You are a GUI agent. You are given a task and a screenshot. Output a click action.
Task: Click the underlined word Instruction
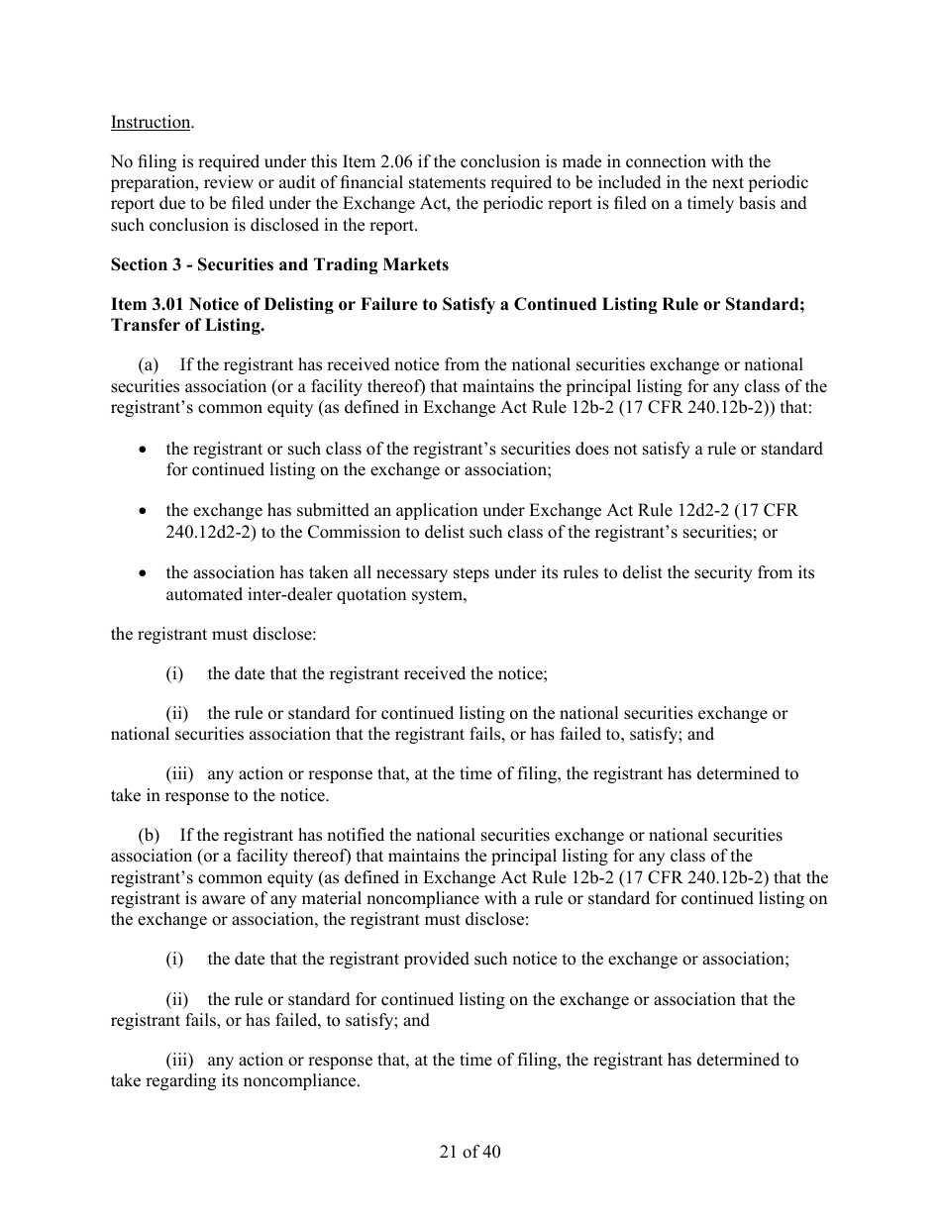151,122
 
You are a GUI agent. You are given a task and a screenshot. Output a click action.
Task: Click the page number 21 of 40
470,1152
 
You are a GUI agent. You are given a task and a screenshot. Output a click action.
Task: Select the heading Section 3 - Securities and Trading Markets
279,264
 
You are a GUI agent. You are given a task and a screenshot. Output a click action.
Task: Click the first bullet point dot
145,450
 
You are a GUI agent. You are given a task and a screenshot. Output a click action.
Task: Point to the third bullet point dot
145,573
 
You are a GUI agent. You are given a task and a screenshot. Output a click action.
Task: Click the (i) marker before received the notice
174,674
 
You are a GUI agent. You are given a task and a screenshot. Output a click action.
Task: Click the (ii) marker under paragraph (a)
177,714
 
